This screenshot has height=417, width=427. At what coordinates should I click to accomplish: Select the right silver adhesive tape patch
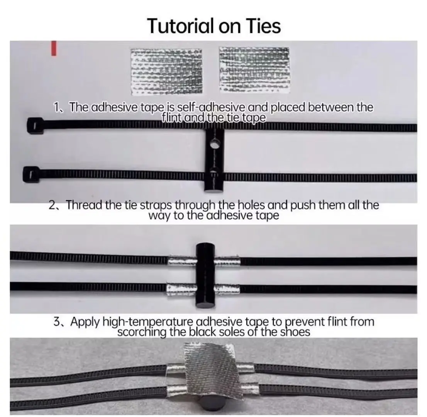(x=254, y=69)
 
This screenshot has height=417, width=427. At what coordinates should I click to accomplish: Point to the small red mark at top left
(x=54, y=48)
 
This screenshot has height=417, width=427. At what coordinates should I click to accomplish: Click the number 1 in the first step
(x=57, y=108)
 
